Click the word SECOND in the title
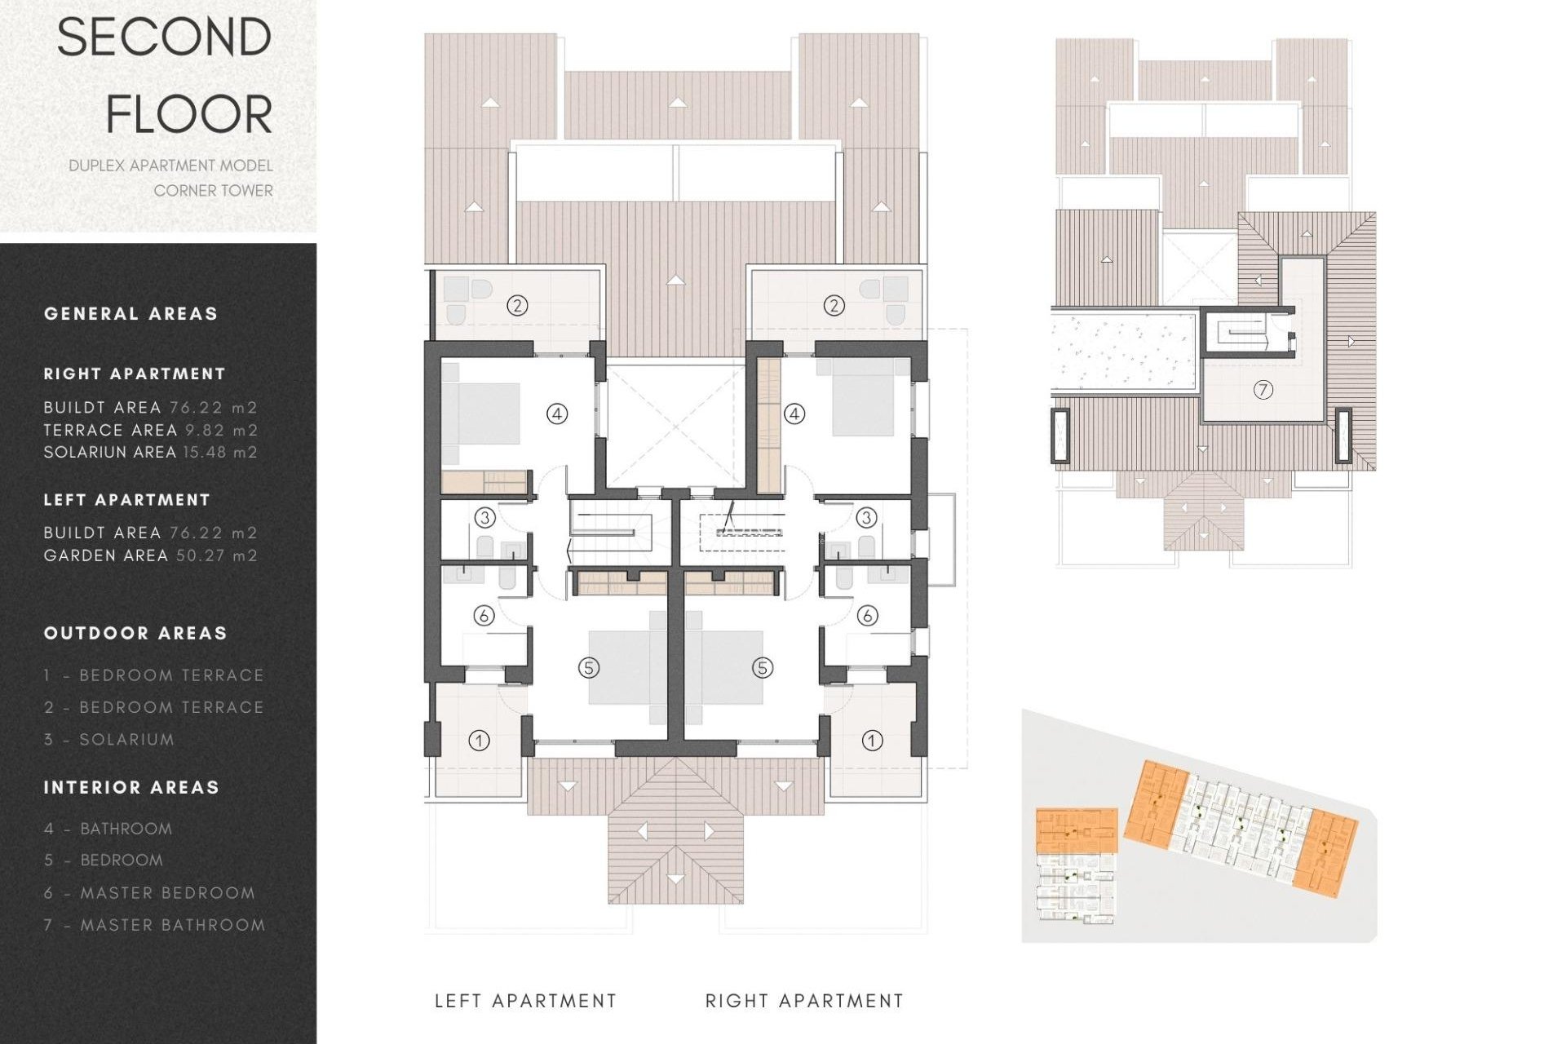[164, 38]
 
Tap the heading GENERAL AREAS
[130, 314]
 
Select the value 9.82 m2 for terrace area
[221, 430]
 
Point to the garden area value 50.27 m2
[217, 555]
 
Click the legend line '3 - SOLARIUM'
[109, 740]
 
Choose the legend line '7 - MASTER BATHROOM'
[155, 925]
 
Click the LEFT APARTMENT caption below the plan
[525, 1001]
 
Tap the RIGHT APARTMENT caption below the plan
[804, 1001]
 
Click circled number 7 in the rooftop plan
[1263, 390]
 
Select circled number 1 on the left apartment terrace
[480, 741]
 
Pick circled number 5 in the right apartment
[762, 668]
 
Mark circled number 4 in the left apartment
[557, 414]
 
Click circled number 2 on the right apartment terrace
[834, 306]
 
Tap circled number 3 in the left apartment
[484, 517]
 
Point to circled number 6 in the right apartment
[867, 615]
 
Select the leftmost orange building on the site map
[1076, 830]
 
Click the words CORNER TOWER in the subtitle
[213, 191]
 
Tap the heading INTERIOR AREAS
[131, 788]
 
